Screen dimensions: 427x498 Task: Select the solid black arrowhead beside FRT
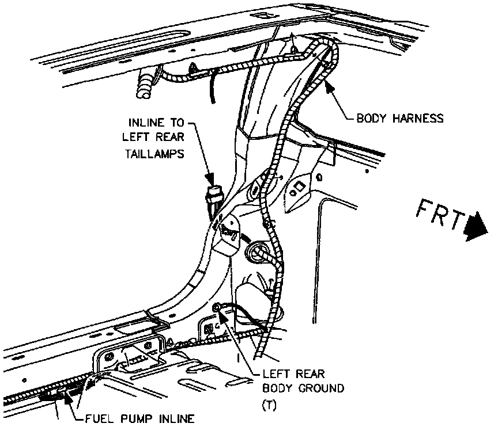coord(477,226)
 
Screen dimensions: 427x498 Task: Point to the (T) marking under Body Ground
coord(269,405)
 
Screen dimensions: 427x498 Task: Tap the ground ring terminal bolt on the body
coord(218,308)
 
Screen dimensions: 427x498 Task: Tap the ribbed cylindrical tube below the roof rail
coord(146,83)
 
